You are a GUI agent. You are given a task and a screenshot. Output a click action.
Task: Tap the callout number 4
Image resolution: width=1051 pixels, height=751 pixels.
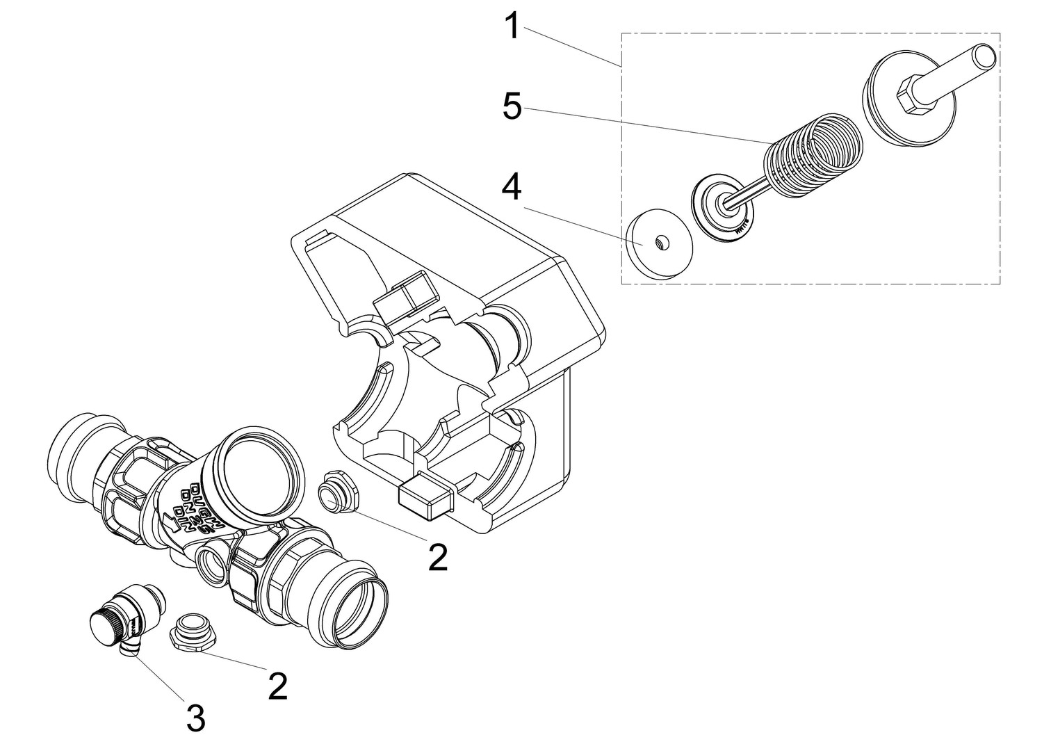click(x=512, y=188)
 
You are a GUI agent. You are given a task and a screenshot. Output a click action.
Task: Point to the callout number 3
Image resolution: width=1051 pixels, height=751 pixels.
click(x=195, y=717)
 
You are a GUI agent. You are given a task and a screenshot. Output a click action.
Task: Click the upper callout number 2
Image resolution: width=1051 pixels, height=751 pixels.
click(x=438, y=556)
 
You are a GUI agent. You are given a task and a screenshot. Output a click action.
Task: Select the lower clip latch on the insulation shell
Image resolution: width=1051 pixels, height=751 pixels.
click(x=426, y=496)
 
